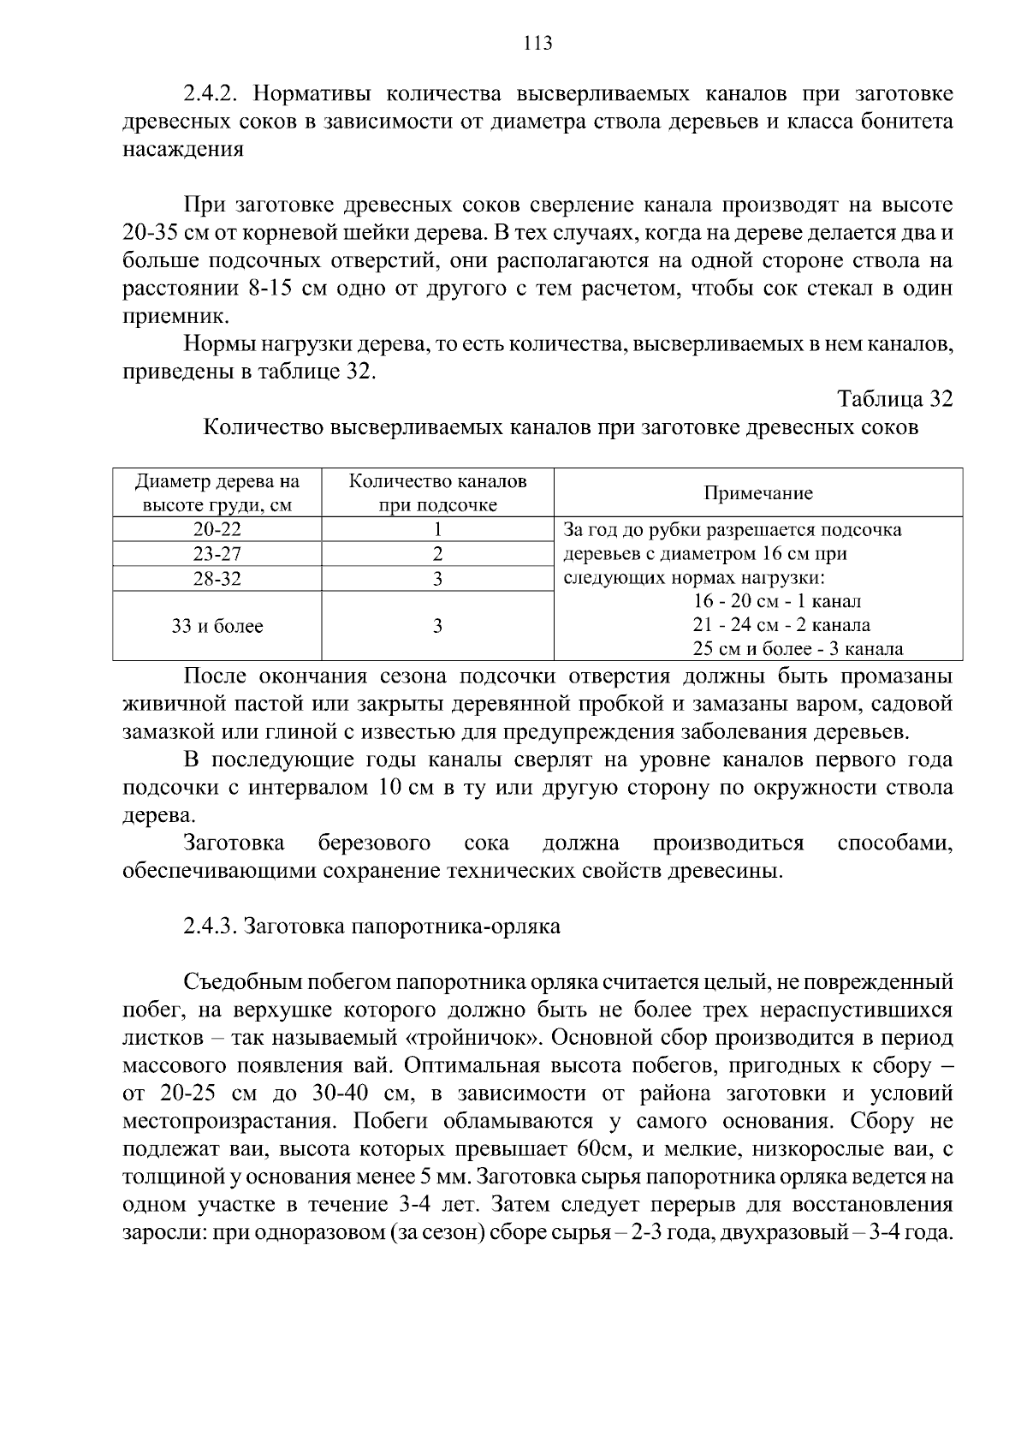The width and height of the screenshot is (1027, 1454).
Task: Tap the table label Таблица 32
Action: tap(894, 399)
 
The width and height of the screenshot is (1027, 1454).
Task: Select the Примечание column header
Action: tap(757, 493)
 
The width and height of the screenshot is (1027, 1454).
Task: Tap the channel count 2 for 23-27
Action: tap(437, 554)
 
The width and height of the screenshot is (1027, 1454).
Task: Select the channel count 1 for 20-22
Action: tap(437, 529)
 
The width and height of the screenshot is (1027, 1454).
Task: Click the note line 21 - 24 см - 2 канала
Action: tap(781, 625)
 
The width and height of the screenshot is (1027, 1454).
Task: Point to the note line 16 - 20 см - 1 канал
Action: tap(777, 601)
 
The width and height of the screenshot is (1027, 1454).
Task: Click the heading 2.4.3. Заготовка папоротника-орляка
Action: tap(371, 927)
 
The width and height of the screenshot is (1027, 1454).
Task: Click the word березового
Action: tap(374, 843)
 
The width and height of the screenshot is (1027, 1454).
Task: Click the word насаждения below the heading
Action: tap(183, 150)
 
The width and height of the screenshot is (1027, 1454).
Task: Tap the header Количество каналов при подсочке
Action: tap(437, 492)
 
